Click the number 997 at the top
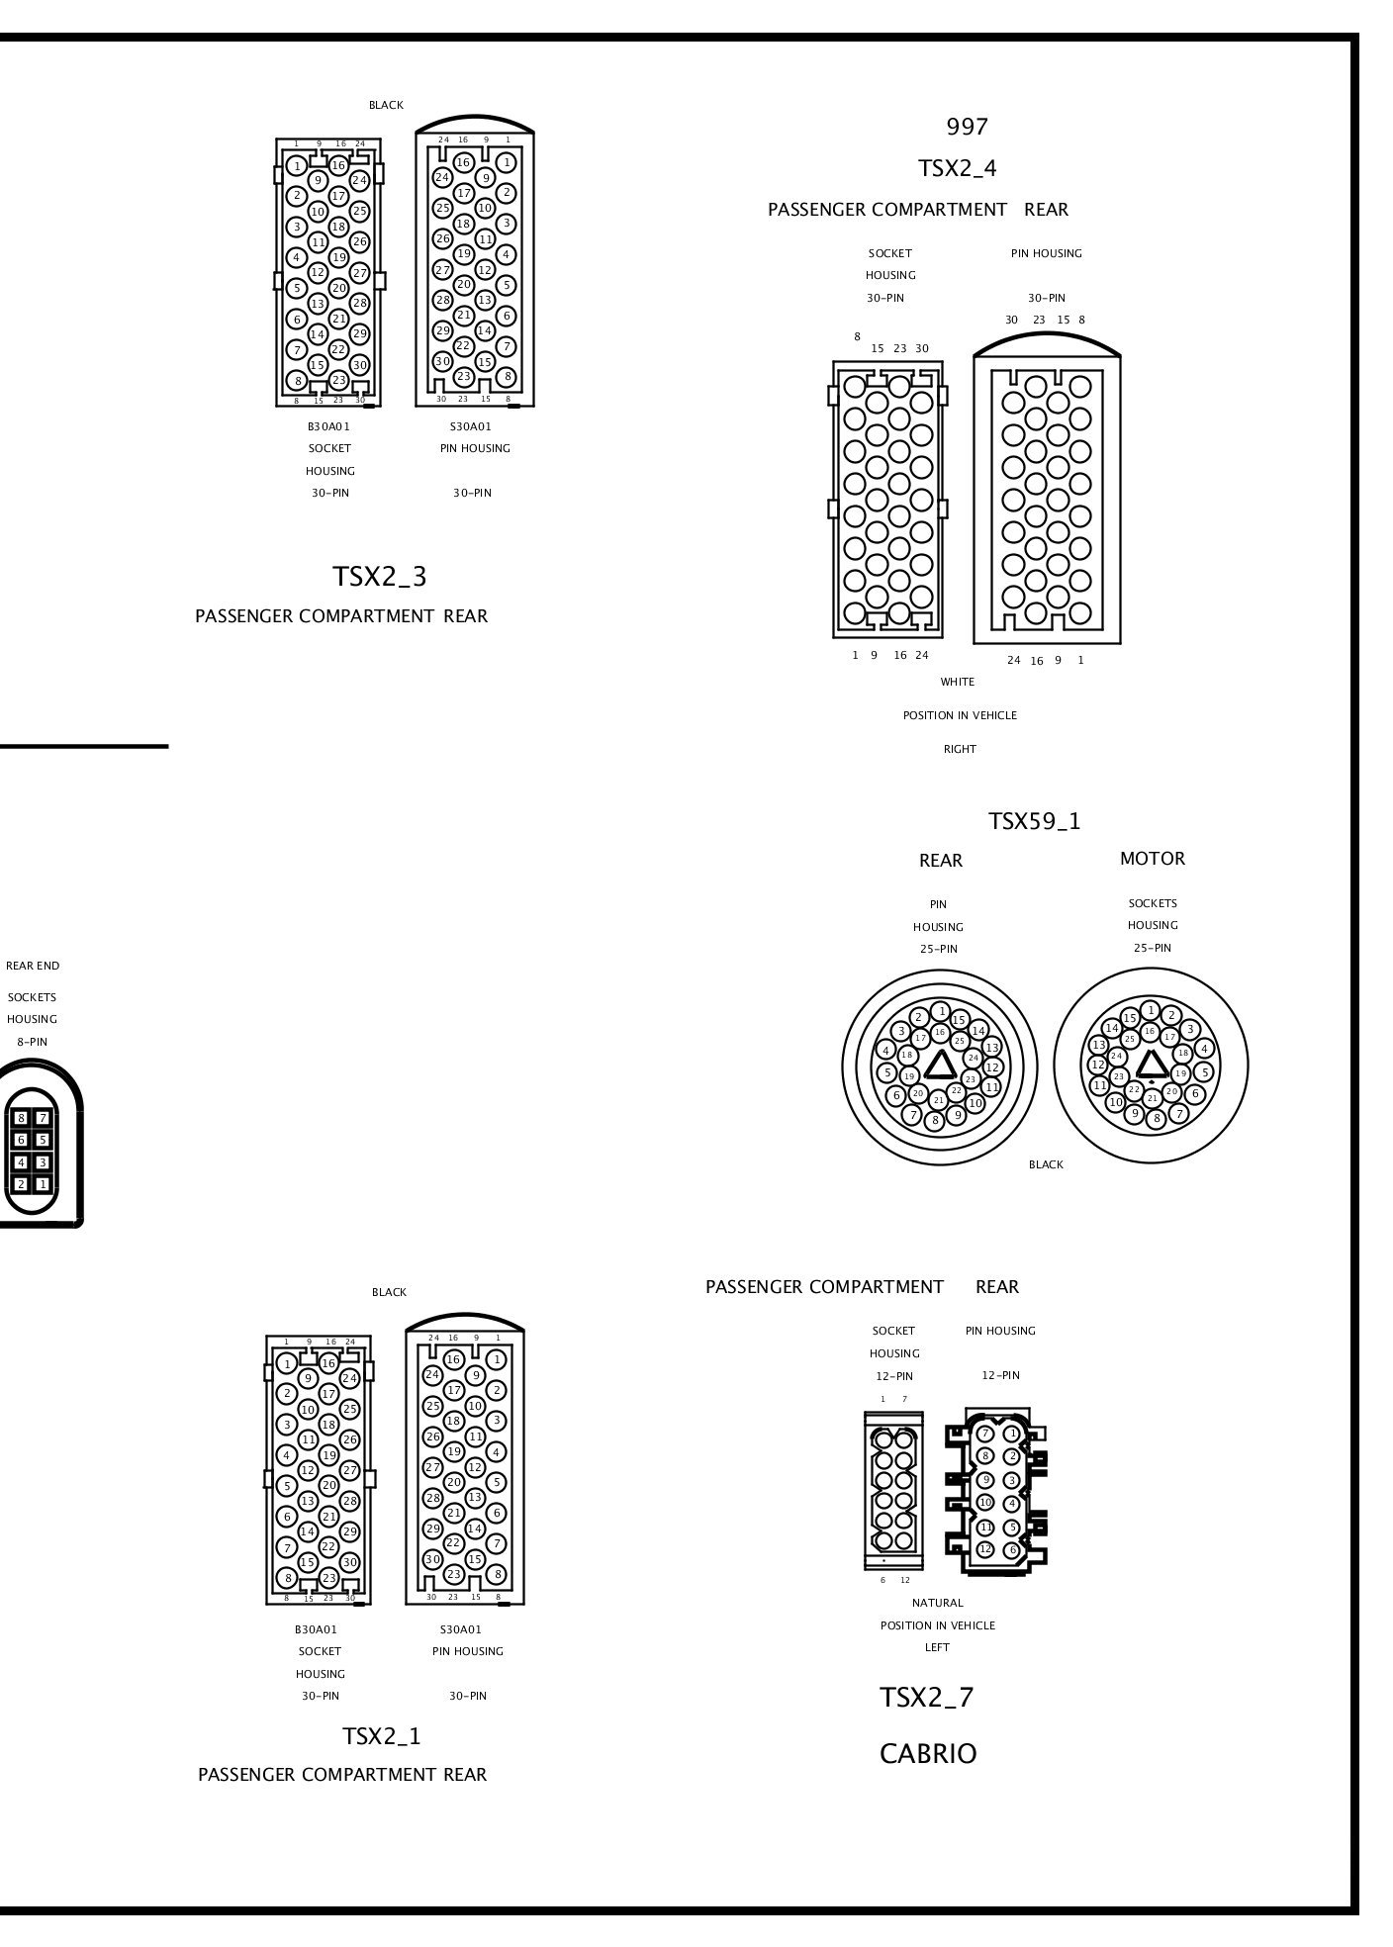coord(967,127)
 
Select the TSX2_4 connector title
coord(957,168)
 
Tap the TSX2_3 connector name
coord(380,577)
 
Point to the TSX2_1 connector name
coord(382,1736)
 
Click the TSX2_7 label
coord(927,1698)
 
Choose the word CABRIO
coord(928,1754)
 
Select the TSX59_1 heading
coord(1035,821)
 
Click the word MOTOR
coord(1152,859)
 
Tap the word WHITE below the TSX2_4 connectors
coord(958,682)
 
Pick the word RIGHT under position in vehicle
coord(960,749)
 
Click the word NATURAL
coord(937,1603)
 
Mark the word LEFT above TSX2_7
coord(937,1647)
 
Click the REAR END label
coord(33,966)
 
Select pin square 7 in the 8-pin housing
coord(43,1118)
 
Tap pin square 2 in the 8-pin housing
coord(21,1184)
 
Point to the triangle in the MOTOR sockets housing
coord(1151,1065)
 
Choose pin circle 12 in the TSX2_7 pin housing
coord(985,1549)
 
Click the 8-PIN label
coord(32,1042)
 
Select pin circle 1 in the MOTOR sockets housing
coord(1150,1010)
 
